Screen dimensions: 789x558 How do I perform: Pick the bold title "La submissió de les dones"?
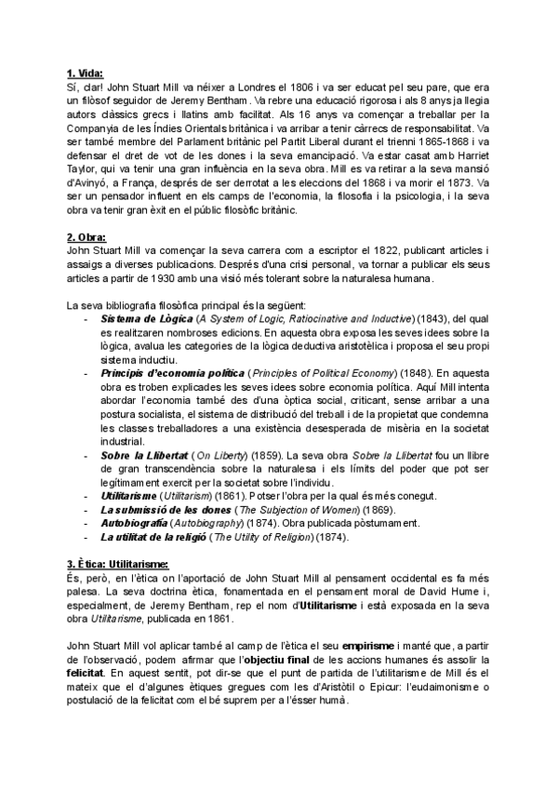(x=154, y=510)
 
